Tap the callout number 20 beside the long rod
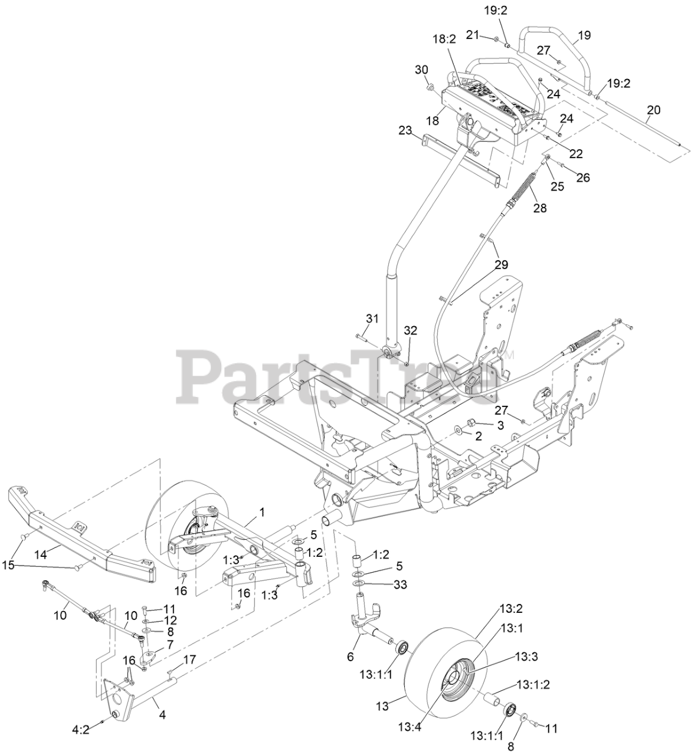point(653,110)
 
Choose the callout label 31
point(372,319)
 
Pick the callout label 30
point(421,70)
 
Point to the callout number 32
point(411,330)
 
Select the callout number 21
point(471,35)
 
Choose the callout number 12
point(171,620)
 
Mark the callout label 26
point(582,178)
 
